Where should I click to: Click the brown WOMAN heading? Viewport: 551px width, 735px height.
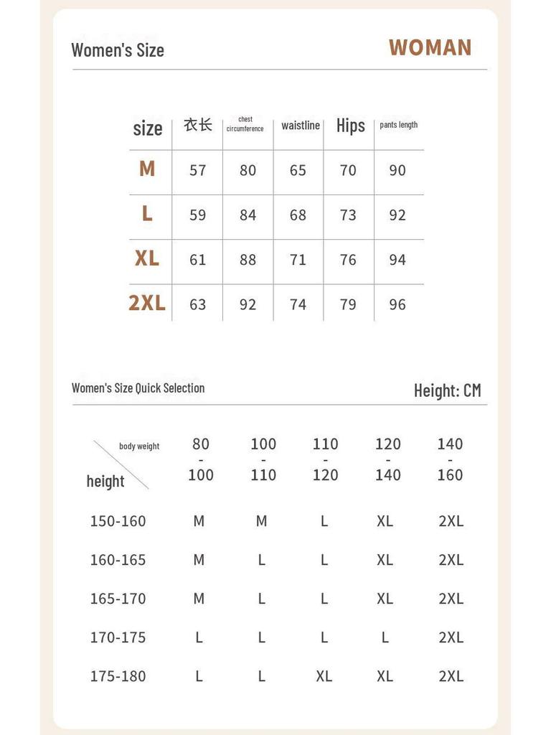430,47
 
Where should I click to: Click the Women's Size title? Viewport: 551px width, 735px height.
118,50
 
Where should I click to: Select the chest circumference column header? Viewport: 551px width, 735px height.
245,124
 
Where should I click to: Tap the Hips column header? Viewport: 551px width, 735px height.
350,126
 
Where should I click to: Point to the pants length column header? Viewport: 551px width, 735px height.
398,125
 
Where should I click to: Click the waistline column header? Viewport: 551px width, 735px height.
300,126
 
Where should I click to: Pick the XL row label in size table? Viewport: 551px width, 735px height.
147,258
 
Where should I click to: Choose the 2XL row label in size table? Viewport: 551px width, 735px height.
147,303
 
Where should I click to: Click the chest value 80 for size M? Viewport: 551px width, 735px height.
248,170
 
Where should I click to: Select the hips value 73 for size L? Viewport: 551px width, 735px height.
348,215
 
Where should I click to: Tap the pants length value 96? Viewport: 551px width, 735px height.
397,304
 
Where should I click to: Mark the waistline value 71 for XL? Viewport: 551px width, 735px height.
298,260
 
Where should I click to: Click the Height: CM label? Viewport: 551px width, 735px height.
447,390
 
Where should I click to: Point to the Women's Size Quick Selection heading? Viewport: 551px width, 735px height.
138,388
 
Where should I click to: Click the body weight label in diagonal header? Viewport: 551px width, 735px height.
139,446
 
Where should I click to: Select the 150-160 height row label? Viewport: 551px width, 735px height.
118,521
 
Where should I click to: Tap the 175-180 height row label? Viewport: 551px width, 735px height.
118,676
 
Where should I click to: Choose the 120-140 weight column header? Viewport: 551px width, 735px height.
387,459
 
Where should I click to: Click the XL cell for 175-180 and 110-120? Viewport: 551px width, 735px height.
324,676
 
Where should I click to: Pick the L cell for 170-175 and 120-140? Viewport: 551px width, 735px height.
385,637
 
